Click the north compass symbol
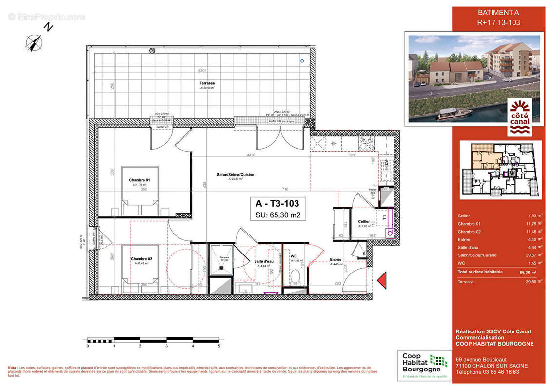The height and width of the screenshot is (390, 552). tap(34, 43)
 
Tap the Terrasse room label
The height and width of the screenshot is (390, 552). tap(207, 83)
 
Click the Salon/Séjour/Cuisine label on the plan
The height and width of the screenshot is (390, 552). tap(236, 175)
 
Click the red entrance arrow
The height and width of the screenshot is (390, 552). tap(382, 281)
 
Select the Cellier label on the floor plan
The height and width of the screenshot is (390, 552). tap(363, 222)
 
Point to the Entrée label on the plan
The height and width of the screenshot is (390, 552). tap(335, 260)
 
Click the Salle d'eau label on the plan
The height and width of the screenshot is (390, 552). tap(263, 262)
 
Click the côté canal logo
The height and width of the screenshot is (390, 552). tap(520, 117)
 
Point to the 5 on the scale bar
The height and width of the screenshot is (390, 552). tap(219, 346)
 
